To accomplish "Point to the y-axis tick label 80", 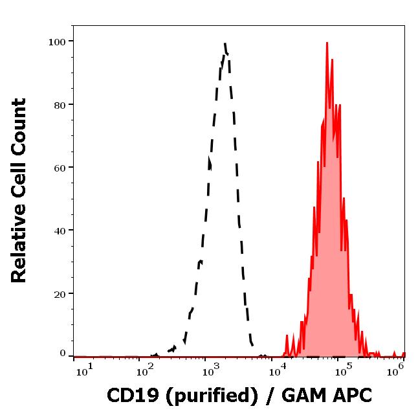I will tap(59, 105).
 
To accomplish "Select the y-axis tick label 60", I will tap(59, 168).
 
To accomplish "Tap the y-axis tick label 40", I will tap(59, 230).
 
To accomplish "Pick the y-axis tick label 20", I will tap(59, 293).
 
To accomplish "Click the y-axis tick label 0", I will tap(63, 353).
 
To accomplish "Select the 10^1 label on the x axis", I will tap(84, 369).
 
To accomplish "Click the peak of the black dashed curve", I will tap(225, 44).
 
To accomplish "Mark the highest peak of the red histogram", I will tap(327, 43).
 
